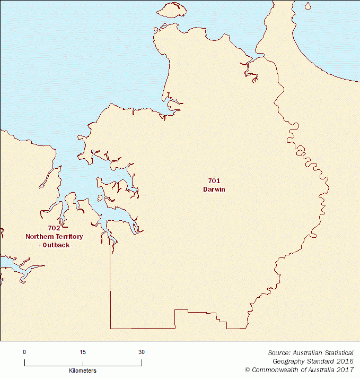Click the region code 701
click(214, 181)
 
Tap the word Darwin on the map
click(214, 189)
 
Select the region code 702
click(47, 228)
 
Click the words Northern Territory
click(47, 236)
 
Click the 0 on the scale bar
click(24, 352)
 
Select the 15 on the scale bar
click(83, 352)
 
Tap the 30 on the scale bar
click(141, 352)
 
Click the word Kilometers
click(83, 370)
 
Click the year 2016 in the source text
click(343, 361)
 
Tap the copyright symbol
click(247, 369)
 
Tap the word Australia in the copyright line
click(318, 369)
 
